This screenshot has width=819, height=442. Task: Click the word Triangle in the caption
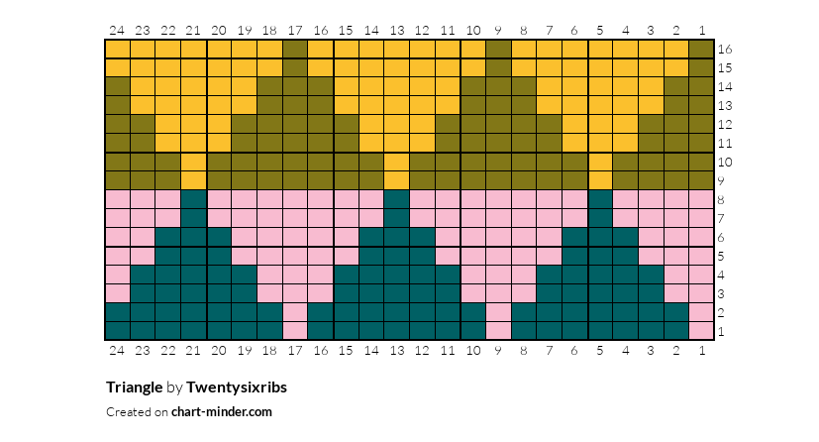coord(135,387)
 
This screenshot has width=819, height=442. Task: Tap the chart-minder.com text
coord(221,411)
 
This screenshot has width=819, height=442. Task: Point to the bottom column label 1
coord(701,349)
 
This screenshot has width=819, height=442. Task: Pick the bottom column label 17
coord(295,349)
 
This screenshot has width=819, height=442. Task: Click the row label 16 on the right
coord(724,49)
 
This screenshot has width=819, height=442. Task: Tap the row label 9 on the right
coord(724,180)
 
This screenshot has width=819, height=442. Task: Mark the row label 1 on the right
coord(724,331)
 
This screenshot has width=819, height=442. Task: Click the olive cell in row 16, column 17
coord(295,49)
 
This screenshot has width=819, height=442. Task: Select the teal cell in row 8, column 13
coord(396,199)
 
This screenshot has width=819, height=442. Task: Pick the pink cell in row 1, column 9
coord(498,331)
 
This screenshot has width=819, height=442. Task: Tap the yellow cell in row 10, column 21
coord(193,162)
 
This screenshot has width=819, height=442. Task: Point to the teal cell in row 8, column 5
coord(600,199)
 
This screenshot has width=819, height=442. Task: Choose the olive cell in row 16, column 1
coord(701,49)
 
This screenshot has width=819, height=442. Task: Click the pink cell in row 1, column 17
coord(295,331)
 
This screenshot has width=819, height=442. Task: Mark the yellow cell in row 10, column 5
coord(600,162)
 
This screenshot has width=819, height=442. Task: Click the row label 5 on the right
coord(724,256)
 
